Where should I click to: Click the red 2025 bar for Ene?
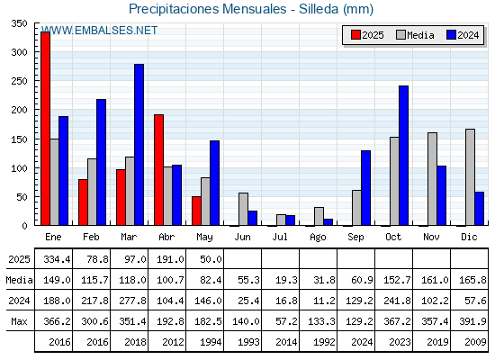45,129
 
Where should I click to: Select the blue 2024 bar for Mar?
139,145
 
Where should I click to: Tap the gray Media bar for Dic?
470,177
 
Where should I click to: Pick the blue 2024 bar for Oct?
404,156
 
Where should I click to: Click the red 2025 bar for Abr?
158,170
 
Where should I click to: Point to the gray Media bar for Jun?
243,209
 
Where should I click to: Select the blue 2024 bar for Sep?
365,188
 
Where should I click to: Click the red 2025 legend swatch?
355,35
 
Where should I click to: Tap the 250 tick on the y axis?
19,81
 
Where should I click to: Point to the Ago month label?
318,238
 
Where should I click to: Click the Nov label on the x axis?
431,237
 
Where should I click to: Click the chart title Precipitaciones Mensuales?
207,9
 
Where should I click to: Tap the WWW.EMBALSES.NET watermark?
100,31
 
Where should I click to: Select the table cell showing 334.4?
54,259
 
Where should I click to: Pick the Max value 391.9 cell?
470,321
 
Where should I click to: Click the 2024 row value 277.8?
130,301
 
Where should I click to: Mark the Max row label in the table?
19,321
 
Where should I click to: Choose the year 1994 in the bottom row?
211,342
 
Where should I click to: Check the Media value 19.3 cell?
280,280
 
